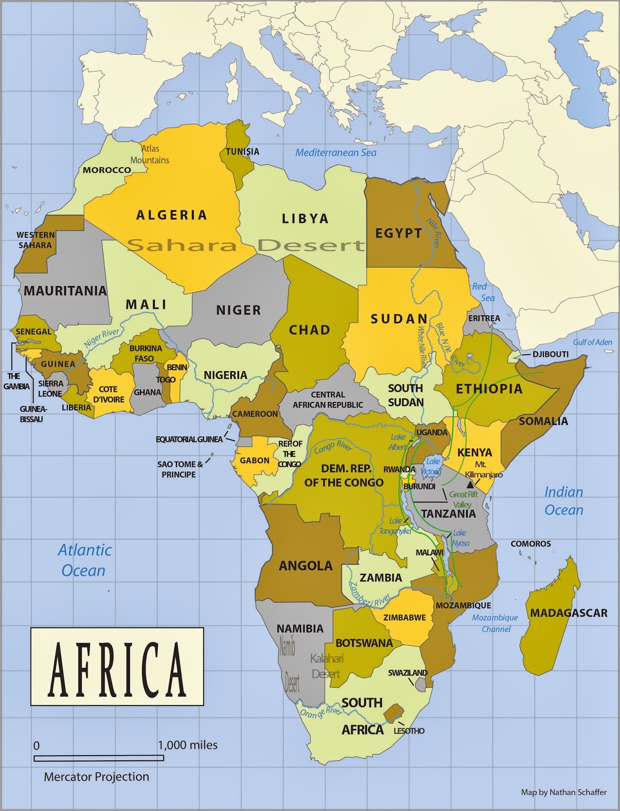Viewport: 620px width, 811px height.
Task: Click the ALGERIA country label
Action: point(171,215)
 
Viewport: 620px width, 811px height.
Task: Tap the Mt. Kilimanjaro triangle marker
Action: point(470,485)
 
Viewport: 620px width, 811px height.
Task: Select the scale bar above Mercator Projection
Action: point(99,758)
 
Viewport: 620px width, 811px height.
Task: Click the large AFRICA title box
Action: point(117,667)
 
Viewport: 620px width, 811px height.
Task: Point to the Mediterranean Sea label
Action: point(336,153)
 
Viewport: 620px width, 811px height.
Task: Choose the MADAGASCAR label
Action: point(569,613)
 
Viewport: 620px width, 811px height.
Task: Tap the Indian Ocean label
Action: point(564,501)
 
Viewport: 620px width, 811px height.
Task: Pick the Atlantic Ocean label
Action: point(84,560)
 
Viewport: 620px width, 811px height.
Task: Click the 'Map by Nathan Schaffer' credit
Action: point(564,792)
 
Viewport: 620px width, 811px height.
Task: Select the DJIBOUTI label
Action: point(550,354)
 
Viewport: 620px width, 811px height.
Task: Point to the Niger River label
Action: point(102,338)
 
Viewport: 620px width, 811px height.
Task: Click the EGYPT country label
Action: point(399,233)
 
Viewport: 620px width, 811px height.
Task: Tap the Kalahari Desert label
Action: point(327,666)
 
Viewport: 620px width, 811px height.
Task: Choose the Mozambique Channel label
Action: point(495,623)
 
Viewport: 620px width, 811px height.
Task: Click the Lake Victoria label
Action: point(432,466)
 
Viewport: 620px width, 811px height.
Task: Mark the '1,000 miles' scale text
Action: point(188,745)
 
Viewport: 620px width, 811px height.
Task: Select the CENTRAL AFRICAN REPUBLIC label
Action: point(328,399)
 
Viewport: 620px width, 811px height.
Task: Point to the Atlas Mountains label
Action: point(150,154)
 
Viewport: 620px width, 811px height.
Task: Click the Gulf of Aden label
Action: point(593,342)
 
